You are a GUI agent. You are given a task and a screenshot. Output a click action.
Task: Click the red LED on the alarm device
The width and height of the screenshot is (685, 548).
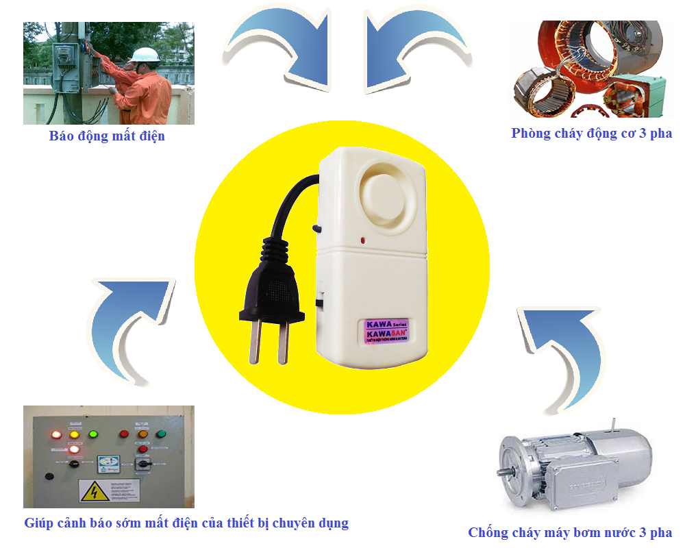362,240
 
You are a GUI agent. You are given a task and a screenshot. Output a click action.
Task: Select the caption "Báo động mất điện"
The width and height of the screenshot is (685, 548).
107,136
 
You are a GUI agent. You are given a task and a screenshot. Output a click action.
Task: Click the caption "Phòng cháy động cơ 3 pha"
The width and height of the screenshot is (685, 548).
591,133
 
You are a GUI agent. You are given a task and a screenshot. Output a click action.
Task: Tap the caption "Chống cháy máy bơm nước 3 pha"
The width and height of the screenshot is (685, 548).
570,532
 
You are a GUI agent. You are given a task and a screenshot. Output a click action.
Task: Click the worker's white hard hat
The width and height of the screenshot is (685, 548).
145,55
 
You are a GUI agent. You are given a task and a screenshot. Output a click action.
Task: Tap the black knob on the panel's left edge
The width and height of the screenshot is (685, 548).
49,475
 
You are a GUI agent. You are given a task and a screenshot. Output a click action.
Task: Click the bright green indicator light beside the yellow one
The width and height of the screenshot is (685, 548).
94,434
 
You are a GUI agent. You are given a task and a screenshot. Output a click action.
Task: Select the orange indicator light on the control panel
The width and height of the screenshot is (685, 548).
143,434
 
